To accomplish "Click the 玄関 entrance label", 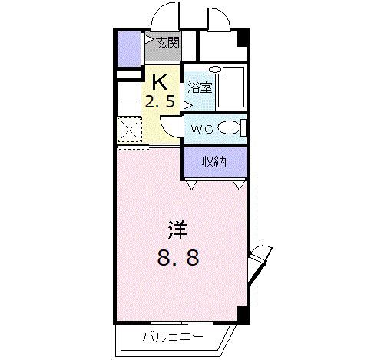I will [168, 42].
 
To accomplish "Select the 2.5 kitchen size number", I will [162, 100].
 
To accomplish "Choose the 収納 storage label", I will [214, 161].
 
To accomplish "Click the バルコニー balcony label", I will [171, 335].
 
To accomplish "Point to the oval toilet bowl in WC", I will [228, 128].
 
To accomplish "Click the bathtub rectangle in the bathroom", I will [230, 90].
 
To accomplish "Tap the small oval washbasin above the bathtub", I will [216, 69].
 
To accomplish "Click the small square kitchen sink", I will [127, 105].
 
